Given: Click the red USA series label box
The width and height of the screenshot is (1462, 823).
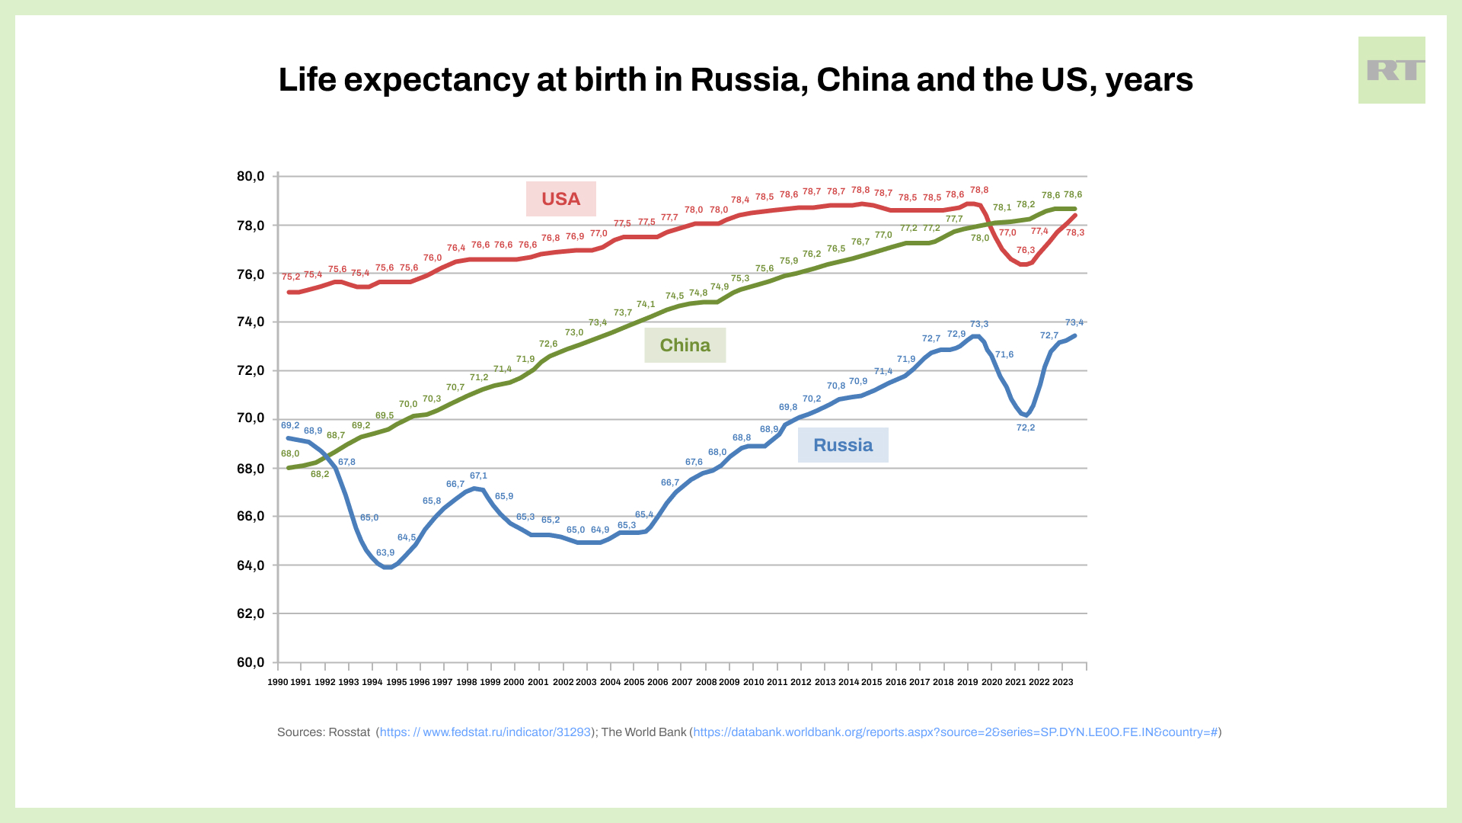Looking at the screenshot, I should (x=560, y=199).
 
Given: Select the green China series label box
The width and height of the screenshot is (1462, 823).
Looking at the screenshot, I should (x=685, y=345).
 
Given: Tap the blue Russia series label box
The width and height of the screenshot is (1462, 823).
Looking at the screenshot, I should (x=842, y=445).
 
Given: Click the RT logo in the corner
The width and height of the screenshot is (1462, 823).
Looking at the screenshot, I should (x=1391, y=70).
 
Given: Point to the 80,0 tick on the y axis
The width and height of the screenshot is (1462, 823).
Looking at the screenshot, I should (x=251, y=176).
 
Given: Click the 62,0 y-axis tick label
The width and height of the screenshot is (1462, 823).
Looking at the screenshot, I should (x=251, y=613).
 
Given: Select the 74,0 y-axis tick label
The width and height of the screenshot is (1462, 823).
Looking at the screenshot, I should (x=251, y=322).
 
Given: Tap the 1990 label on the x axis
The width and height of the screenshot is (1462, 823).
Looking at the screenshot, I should (x=278, y=682).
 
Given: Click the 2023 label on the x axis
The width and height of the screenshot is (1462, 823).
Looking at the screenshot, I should (x=1062, y=682).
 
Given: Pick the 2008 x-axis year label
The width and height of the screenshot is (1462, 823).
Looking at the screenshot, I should (x=706, y=682).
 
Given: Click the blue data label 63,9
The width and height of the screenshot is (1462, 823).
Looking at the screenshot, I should (x=385, y=552).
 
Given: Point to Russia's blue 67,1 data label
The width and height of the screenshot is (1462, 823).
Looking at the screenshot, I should (x=478, y=476).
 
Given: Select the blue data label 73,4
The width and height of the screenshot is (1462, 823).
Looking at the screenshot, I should (x=1074, y=322).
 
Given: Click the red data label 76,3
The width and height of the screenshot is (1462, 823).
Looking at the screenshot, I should (x=1026, y=250).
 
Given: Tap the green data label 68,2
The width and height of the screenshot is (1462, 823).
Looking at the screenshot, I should (x=320, y=474).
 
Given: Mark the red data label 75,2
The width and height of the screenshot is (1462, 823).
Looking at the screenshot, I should (x=291, y=277).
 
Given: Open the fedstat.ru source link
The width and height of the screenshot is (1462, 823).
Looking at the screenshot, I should (x=485, y=732).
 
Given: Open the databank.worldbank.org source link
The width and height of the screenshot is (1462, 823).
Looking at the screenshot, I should (x=955, y=732).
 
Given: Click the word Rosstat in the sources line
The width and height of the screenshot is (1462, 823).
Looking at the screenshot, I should (x=349, y=732).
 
